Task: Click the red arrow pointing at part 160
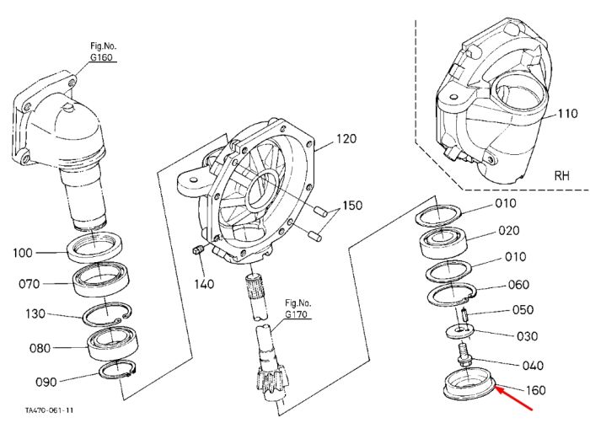(513, 398)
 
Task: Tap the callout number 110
(567, 113)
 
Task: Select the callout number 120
(346, 139)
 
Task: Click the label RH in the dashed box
(562, 175)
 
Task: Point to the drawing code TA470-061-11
(49, 410)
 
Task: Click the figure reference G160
(101, 57)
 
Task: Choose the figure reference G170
(296, 314)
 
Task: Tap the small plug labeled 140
(198, 249)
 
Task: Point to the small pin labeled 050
(464, 314)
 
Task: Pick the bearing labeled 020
(443, 243)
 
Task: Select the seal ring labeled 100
(94, 247)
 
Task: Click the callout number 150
(351, 206)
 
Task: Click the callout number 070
(29, 284)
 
